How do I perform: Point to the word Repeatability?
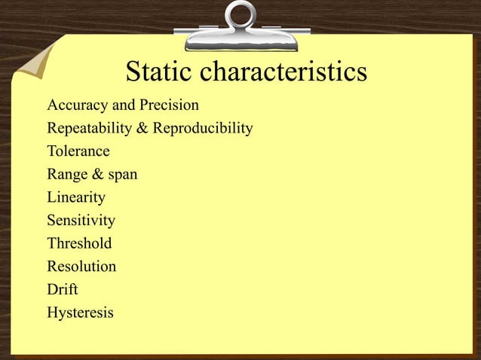click(89, 129)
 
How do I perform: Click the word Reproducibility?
click(203, 129)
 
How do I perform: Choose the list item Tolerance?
click(78, 151)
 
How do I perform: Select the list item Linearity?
click(76, 198)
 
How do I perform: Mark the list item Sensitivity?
click(81, 221)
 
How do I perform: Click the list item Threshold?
click(79, 243)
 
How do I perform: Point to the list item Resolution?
click(81, 267)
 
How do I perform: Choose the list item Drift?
click(63, 289)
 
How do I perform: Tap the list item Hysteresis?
click(81, 313)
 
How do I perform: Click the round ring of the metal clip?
click(240, 16)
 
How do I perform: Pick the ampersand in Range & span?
click(98, 175)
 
